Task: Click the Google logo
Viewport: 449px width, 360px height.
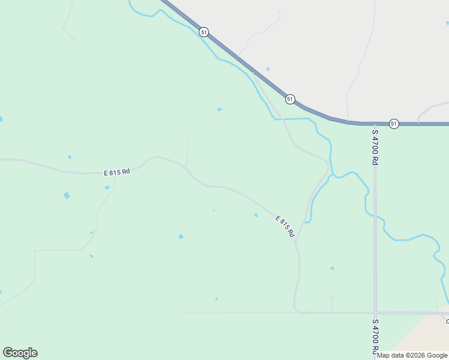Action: [x=20, y=353]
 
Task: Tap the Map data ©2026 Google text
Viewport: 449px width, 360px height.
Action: [x=412, y=355]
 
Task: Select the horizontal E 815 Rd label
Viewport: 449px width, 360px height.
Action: [x=117, y=172]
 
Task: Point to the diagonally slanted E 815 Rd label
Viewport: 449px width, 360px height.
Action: [x=285, y=226]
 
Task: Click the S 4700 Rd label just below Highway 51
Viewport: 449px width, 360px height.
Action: [x=375, y=147]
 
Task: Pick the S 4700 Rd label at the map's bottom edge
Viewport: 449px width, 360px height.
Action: [x=375, y=338]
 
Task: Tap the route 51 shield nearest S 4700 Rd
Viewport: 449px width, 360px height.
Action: [x=393, y=123]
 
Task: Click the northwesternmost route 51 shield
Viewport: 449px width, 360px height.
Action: [x=205, y=32]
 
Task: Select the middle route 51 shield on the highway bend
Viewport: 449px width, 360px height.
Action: [x=290, y=99]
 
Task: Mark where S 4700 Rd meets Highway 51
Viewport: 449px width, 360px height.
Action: [x=375, y=124]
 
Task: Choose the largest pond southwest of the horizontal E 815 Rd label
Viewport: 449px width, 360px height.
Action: [x=67, y=196]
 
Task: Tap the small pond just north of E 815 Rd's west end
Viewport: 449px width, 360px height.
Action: [x=70, y=157]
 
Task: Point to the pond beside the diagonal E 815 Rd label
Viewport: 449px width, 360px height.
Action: [x=256, y=215]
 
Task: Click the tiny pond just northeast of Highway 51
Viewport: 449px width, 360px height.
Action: [x=268, y=69]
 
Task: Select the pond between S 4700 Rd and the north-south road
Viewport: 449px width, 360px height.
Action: [x=332, y=268]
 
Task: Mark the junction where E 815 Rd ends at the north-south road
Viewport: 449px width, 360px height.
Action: [x=298, y=241]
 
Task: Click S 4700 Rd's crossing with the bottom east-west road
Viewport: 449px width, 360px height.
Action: [x=375, y=313]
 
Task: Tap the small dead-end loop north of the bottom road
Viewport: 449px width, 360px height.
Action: [x=331, y=297]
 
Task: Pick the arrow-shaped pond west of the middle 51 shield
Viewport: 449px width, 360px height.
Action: [x=220, y=109]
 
